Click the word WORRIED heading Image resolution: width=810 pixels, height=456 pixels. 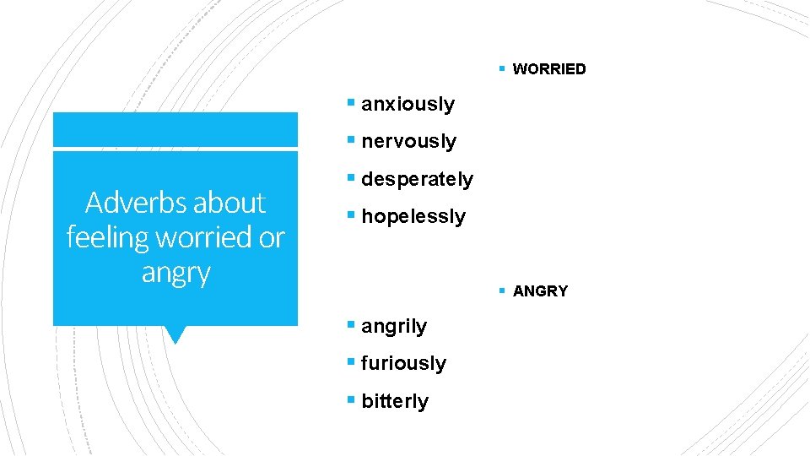pyautogui.click(x=549, y=69)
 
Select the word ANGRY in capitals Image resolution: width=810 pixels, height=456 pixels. pyautogui.click(x=541, y=291)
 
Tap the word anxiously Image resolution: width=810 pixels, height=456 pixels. pyautogui.click(x=408, y=105)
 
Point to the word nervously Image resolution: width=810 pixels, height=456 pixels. pyautogui.click(x=408, y=142)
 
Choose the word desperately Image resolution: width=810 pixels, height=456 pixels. pyautogui.click(x=417, y=179)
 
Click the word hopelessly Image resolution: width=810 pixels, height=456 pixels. pyautogui.click(x=413, y=217)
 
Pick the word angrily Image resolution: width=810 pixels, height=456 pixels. pyautogui.click(x=394, y=326)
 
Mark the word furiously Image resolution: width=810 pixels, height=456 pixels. pyautogui.click(x=403, y=363)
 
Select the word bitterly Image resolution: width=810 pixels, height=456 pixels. pyautogui.click(x=395, y=401)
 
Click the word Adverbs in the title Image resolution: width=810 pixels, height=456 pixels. pyautogui.click(x=134, y=203)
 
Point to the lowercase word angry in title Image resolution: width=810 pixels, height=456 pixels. pyautogui.click(x=175, y=273)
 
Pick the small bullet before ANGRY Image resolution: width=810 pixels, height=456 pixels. pyautogui.click(x=501, y=291)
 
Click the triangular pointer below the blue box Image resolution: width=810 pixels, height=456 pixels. pyautogui.click(x=175, y=334)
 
